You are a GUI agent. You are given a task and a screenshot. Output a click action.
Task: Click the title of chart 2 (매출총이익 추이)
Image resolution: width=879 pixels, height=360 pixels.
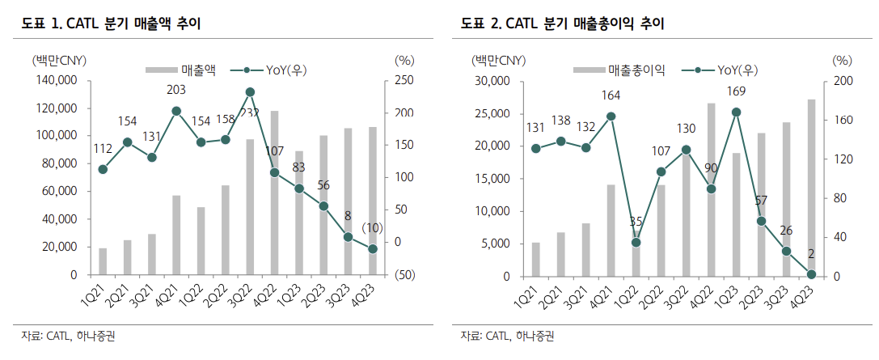click(562, 24)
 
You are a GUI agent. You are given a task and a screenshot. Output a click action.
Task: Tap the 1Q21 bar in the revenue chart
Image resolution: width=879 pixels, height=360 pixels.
click(103, 261)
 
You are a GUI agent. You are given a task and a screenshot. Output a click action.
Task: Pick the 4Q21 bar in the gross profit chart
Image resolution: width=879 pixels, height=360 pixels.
click(611, 231)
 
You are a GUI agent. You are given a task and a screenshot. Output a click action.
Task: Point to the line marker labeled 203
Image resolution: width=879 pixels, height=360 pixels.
click(176, 111)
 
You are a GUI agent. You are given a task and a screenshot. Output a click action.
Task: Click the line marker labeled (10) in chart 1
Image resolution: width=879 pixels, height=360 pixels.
click(372, 249)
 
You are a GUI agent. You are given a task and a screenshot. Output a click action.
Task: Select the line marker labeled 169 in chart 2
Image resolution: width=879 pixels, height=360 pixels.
click(736, 112)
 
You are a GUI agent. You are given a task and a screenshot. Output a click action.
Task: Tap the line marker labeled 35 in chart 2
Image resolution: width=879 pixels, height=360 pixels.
click(636, 242)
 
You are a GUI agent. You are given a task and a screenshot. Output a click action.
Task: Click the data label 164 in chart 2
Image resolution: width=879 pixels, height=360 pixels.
click(611, 95)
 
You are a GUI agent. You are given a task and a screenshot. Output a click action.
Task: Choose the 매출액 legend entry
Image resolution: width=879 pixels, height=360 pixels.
click(182, 70)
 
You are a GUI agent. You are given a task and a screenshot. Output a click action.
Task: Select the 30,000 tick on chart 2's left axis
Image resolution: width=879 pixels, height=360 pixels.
click(494, 81)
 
